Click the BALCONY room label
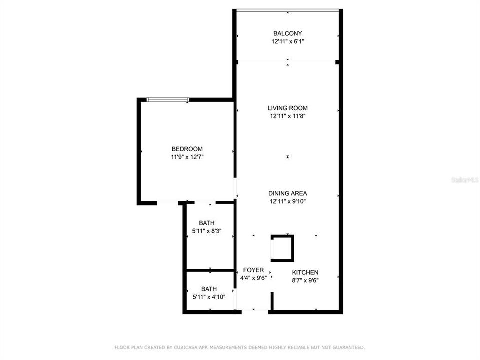coord(287,33)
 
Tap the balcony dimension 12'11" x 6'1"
coord(287,42)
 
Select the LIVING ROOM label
coord(287,108)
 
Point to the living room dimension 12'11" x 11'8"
coord(287,116)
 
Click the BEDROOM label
coord(187,149)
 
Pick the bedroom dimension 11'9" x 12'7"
coord(187,157)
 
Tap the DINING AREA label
coord(287,193)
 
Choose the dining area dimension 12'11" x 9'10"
coord(287,202)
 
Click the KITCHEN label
coord(305,272)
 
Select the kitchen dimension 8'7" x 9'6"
coord(305,280)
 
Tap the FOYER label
coord(253,270)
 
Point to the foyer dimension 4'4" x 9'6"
coord(253,278)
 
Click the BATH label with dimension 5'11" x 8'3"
coord(207,223)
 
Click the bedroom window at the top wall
coord(168,100)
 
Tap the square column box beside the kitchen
coord(282,248)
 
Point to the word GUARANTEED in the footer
coord(347,347)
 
